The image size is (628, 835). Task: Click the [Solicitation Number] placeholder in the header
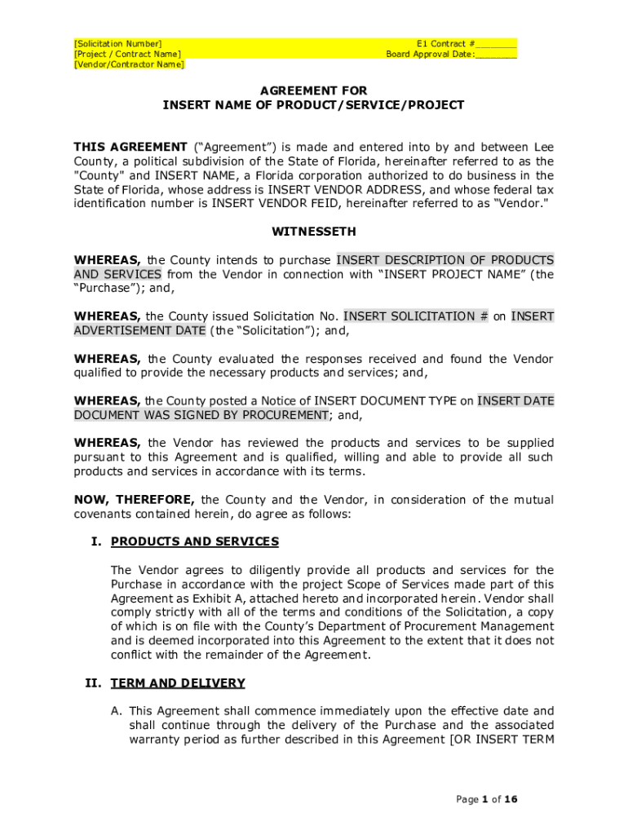[x=117, y=43]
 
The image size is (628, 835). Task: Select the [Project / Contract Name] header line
[x=127, y=54]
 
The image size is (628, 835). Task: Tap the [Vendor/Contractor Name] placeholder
[x=129, y=64]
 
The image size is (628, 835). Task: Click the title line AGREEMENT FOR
[x=313, y=91]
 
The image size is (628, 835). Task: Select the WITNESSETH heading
[x=313, y=232]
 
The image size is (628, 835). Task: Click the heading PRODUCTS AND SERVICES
[x=194, y=541]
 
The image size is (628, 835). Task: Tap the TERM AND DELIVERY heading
[x=178, y=683]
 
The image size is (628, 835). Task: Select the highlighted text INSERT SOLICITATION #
[x=415, y=316]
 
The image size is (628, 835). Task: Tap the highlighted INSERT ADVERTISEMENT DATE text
[x=139, y=330]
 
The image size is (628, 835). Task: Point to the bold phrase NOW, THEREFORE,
[x=135, y=500]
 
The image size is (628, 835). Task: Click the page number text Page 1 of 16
[x=487, y=799]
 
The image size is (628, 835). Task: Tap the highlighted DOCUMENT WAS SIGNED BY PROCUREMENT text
[x=201, y=415]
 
